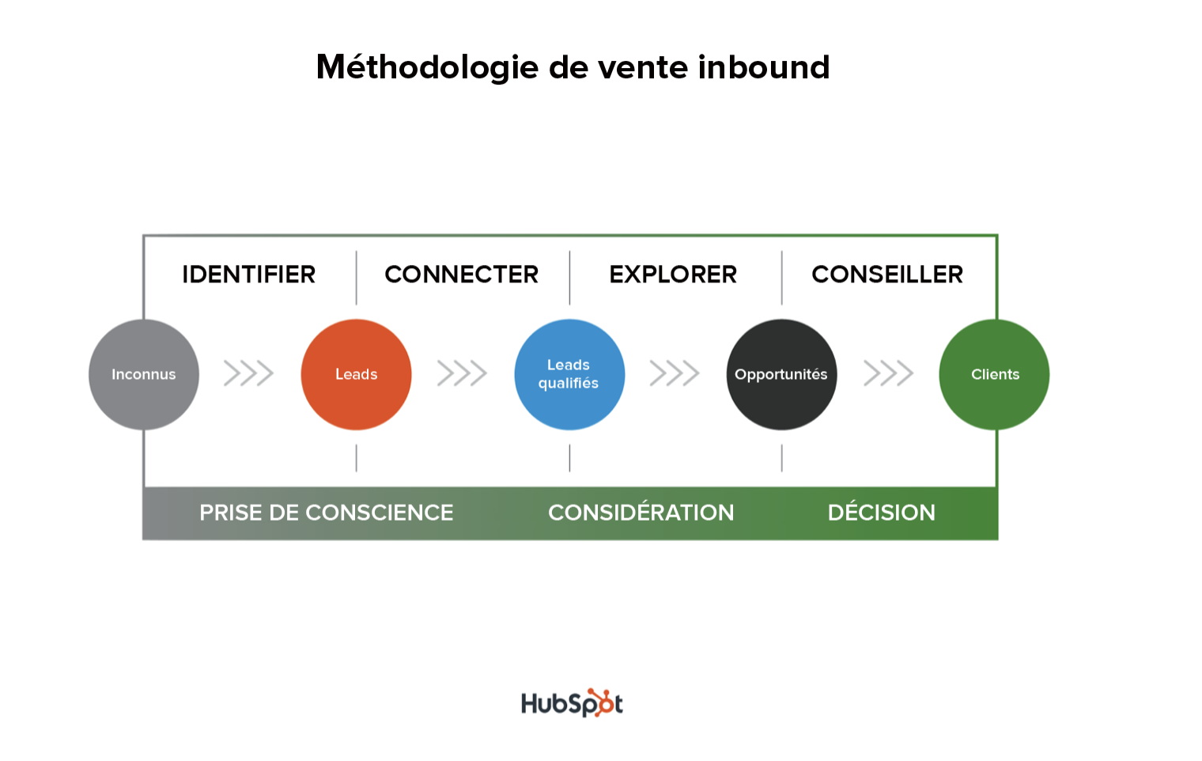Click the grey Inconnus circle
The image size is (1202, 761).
coord(144,374)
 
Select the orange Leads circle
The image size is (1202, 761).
coord(356,374)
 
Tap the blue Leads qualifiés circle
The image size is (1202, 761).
coord(569,374)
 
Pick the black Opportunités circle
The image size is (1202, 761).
coord(781,374)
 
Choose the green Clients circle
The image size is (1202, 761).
coord(994,374)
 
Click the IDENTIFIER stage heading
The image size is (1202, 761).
coord(249,274)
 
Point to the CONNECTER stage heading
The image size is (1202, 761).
coord(462,274)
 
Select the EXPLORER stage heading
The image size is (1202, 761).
coord(673,274)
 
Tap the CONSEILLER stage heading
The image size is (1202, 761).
coord(887,274)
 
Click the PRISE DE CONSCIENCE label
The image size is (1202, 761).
coord(326,513)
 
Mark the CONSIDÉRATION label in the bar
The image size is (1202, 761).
coord(641,513)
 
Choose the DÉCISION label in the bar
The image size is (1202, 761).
coord(881,513)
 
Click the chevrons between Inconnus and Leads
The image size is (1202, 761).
coord(248,373)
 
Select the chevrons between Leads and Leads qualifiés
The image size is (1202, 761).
coord(462,373)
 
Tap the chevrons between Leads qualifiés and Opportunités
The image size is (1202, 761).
coord(675,373)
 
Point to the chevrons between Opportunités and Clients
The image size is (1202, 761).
coord(888,373)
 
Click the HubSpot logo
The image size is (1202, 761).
coord(572,703)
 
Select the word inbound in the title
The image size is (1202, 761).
coord(764,68)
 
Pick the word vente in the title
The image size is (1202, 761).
coord(643,68)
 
